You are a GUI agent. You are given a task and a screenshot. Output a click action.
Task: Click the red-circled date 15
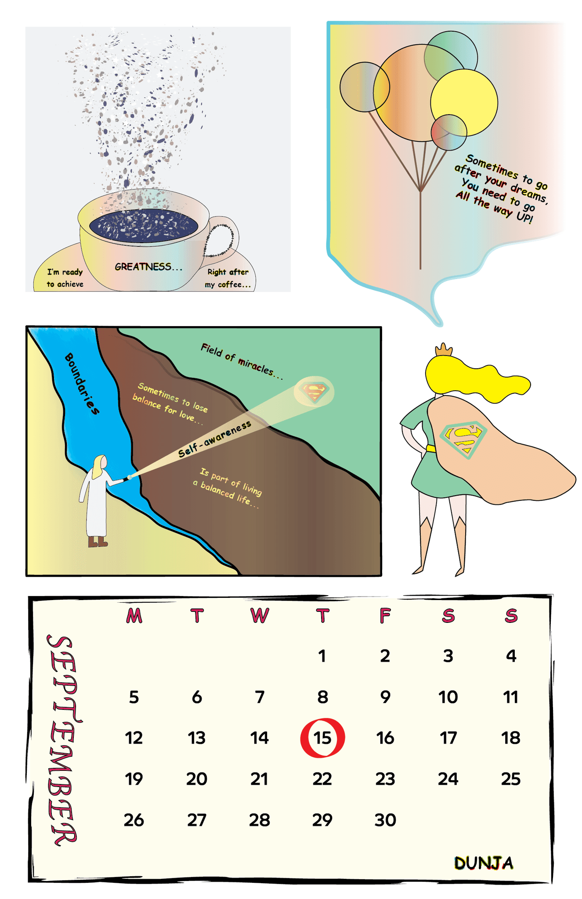(x=322, y=738)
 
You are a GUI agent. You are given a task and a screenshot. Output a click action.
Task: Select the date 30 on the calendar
(x=385, y=820)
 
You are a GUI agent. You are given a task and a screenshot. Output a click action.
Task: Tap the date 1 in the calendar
(x=322, y=656)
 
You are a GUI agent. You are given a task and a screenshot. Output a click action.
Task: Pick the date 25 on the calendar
(x=511, y=779)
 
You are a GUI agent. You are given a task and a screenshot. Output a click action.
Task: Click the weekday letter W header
(x=260, y=616)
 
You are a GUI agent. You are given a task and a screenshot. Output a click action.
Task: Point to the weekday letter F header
(x=385, y=616)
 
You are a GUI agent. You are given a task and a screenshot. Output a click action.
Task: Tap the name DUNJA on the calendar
(x=484, y=863)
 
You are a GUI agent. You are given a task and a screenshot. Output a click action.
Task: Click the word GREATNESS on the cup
(x=148, y=267)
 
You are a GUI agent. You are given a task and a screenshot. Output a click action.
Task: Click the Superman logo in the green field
(x=314, y=392)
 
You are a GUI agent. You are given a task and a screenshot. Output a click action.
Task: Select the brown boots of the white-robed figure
(x=98, y=542)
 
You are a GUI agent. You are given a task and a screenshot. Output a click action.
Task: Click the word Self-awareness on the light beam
(x=215, y=439)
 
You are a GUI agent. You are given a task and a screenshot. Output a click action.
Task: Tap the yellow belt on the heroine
(x=431, y=448)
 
